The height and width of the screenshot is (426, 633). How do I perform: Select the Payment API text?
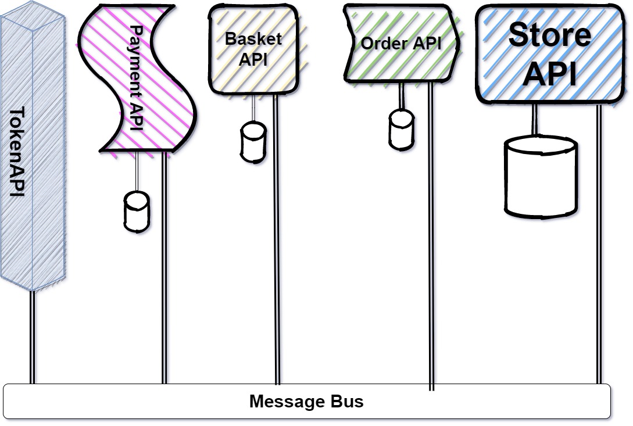tap(135, 79)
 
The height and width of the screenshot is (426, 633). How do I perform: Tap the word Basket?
tap(253, 40)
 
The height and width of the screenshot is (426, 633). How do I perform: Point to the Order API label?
tap(401, 43)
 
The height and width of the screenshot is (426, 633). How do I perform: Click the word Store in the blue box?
tap(549, 35)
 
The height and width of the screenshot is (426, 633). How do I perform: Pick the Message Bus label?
tap(306, 402)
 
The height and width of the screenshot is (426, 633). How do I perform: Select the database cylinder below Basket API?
tap(253, 141)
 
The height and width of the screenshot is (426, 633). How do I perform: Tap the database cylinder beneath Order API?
tap(402, 128)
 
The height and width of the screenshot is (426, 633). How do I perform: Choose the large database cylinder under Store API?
tap(541, 177)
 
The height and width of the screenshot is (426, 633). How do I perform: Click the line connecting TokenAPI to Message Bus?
tap(33, 337)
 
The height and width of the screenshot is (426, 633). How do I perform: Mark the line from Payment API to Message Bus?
tap(164, 267)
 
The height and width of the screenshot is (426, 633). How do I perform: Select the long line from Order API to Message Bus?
tap(431, 232)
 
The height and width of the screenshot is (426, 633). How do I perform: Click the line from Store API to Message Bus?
tap(599, 244)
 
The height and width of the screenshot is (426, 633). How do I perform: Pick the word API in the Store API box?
tap(549, 74)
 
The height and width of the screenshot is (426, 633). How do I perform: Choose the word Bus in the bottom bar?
tap(346, 402)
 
